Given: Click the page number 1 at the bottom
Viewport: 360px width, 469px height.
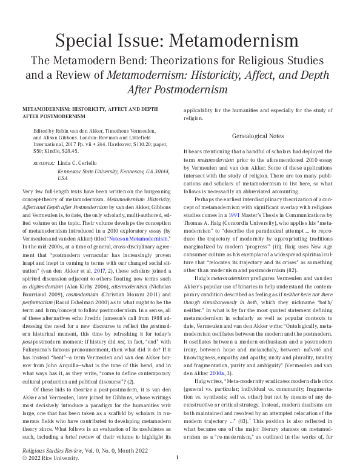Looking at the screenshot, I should (x=178, y=457).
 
